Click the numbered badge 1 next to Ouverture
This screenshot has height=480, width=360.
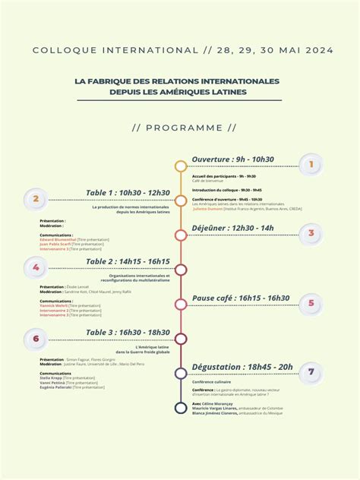pyautogui.click(x=311, y=165)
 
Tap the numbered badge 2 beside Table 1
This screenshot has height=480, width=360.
pyautogui.click(x=35, y=200)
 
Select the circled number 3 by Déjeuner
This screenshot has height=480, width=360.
pyautogui.click(x=311, y=234)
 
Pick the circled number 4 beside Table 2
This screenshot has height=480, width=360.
pyautogui.click(x=35, y=267)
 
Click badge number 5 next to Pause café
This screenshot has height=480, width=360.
pyautogui.click(x=311, y=305)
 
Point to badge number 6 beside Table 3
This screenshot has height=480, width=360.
pyautogui.click(x=35, y=339)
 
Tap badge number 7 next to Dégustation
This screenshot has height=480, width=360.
pyautogui.click(x=311, y=372)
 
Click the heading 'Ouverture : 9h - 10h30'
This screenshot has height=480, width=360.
pyautogui.click(x=232, y=159)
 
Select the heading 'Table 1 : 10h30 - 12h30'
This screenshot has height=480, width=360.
pyautogui.click(x=128, y=193)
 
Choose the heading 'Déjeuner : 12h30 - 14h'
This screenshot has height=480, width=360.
pyautogui.click(x=232, y=228)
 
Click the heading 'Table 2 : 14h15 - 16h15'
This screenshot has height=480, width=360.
pyautogui.click(x=128, y=262)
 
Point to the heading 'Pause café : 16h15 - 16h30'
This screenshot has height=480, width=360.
pyautogui.click(x=240, y=298)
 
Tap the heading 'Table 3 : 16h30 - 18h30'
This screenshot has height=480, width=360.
pyautogui.click(x=128, y=333)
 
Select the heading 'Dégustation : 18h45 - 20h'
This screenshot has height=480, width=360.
pyautogui.click(x=242, y=367)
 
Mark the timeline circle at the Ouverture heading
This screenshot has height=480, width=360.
pyautogui.click(x=180, y=166)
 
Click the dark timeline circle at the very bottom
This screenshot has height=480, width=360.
pyautogui.click(x=180, y=408)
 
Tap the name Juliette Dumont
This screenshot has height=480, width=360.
pyautogui.click(x=207, y=208)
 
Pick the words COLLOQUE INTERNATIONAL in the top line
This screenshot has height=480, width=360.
pyautogui.click(x=115, y=50)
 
